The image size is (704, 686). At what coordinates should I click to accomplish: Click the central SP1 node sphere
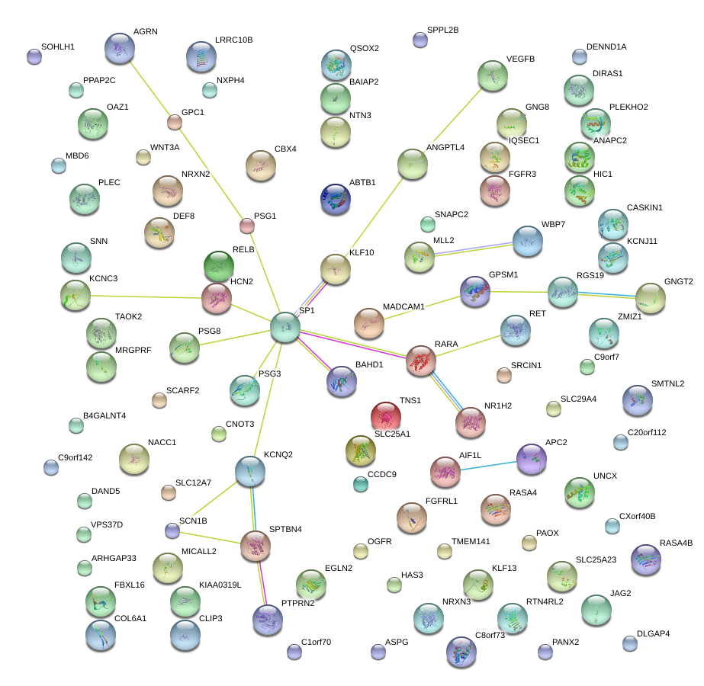click(x=285, y=326)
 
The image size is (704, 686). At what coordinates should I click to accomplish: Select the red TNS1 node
click(x=386, y=416)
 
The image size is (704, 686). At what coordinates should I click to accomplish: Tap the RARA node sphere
click(x=421, y=361)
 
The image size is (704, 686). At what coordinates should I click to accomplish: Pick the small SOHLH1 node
click(x=34, y=56)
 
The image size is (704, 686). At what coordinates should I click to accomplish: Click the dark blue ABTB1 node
click(x=336, y=198)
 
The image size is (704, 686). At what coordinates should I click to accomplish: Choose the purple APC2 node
click(x=532, y=458)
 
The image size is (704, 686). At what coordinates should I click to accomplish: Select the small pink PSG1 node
click(x=247, y=225)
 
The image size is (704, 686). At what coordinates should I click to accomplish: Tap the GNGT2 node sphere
click(x=650, y=298)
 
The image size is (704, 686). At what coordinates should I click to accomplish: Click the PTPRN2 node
click(x=268, y=618)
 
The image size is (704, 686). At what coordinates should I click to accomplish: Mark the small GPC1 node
click(x=175, y=121)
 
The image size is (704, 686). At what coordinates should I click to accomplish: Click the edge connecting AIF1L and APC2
click(x=488, y=466)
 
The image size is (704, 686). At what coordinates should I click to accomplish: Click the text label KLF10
click(x=362, y=252)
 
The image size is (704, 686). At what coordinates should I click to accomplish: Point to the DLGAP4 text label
click(x=653, y=633)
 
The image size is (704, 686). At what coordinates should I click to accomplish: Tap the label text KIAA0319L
click(x=220, y=585)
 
